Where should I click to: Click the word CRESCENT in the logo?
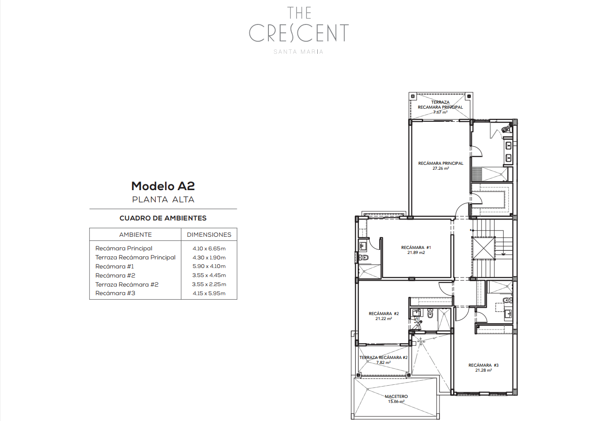pos(299,33)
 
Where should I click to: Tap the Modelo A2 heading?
pos(163,186)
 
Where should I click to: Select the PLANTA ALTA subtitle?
pos(163,200)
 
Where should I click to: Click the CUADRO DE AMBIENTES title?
pos(163,218)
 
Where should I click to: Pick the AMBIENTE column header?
pos(135,234)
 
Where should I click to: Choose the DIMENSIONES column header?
pos(209,234)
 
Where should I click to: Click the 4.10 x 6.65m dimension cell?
pos(209,249)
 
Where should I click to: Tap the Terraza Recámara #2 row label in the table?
pos(127,284)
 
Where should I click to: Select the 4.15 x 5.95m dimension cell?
pos(209,293)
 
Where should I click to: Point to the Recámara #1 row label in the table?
pos(115,266)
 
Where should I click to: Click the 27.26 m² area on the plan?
pos(441,168)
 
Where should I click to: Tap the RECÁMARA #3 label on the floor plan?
pos(483,365)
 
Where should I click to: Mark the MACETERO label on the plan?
pos(396,397)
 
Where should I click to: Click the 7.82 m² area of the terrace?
pos(383,363)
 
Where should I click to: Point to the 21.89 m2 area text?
pos(416,253)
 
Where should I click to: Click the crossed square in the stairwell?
pos(483,248)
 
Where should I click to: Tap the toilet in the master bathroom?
pos(506,130)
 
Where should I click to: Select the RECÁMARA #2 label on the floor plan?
pos(384,314)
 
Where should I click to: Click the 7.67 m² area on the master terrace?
pos(440,112)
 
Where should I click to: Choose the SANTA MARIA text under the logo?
pos(299,52)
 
